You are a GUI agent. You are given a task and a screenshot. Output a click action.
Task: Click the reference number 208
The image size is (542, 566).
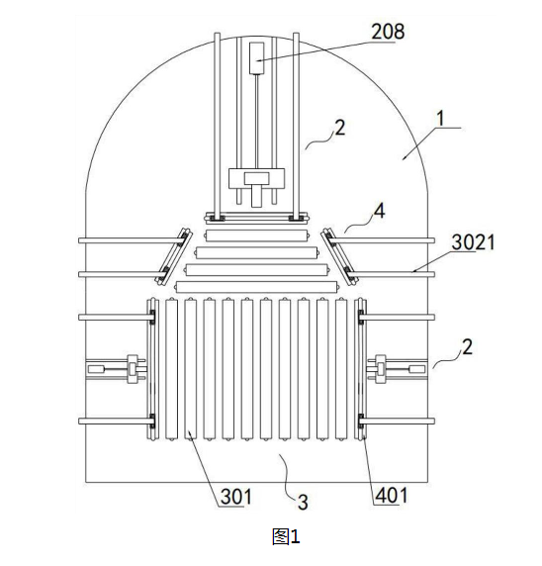tap(388, 32)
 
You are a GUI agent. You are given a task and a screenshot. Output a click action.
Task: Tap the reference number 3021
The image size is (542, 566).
tap(473, 242)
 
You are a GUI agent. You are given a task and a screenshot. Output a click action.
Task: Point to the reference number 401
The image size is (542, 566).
tap(392, 495)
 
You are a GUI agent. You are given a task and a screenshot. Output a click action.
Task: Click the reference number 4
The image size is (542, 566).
tap(379, 211)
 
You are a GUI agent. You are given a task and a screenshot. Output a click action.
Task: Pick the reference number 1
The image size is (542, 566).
tap(440, 119)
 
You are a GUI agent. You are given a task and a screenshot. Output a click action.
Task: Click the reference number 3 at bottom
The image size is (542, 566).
tap(303, 502)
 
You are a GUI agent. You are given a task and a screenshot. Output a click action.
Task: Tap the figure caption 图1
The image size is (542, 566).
tap(286, 536)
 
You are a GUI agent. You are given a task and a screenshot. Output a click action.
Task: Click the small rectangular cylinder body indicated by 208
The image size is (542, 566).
tap(256, 58)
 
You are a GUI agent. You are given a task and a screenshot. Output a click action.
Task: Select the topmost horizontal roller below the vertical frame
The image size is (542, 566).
tap(257, 236)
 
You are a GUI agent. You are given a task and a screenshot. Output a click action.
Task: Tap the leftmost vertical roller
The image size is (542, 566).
tap(172, 369)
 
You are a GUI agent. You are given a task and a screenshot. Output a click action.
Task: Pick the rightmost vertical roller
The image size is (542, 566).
tap(341, 369)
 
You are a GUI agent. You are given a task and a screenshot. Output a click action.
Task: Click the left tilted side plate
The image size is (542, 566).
tap(173, 256)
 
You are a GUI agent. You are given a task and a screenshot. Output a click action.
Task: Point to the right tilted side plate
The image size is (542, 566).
tap(339, 256)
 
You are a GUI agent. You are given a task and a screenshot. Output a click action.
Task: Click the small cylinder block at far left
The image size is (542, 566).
tap(95, 369)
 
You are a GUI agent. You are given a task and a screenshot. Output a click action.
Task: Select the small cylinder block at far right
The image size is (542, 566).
tap(417, 369)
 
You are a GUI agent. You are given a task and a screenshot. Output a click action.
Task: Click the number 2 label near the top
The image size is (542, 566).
tap(340, 128)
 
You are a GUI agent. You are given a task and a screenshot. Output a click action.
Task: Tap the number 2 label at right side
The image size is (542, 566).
tap(467, 347)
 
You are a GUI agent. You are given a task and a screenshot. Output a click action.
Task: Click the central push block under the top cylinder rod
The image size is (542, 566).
tap(256, 179)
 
